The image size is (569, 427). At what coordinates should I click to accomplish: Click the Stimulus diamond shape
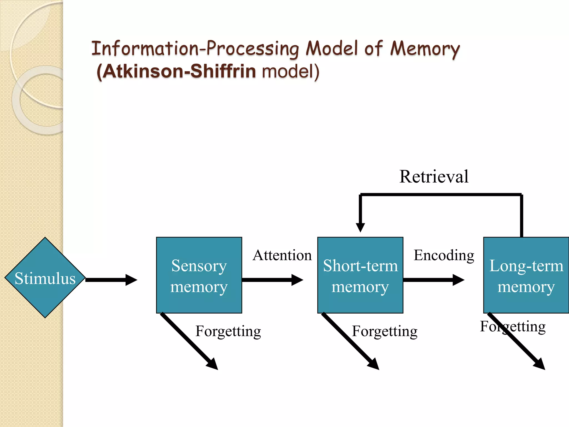click(45, 277)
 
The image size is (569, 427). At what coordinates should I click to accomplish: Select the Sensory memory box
click(199, 275)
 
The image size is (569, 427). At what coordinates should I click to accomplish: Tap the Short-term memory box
click(360, 275)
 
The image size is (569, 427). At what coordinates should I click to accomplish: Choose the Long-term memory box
click(526, 275)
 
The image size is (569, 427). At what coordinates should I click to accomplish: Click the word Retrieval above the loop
click(434, 177)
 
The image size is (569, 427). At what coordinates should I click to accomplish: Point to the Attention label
click(282, 255)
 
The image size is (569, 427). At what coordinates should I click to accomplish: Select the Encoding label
click(444, 255)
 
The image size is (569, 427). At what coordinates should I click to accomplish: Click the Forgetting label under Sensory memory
click(228, 331)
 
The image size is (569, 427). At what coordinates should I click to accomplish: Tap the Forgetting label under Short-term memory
click(385, 331)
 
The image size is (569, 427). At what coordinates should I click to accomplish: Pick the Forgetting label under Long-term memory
click(513, 326)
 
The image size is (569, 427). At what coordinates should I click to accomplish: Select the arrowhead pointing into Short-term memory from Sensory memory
click(297, 280)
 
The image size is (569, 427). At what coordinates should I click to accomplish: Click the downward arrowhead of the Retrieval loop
click(360, 227)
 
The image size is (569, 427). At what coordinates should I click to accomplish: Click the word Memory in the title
click(425, 49)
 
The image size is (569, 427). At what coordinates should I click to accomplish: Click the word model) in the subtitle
click(291, 71)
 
